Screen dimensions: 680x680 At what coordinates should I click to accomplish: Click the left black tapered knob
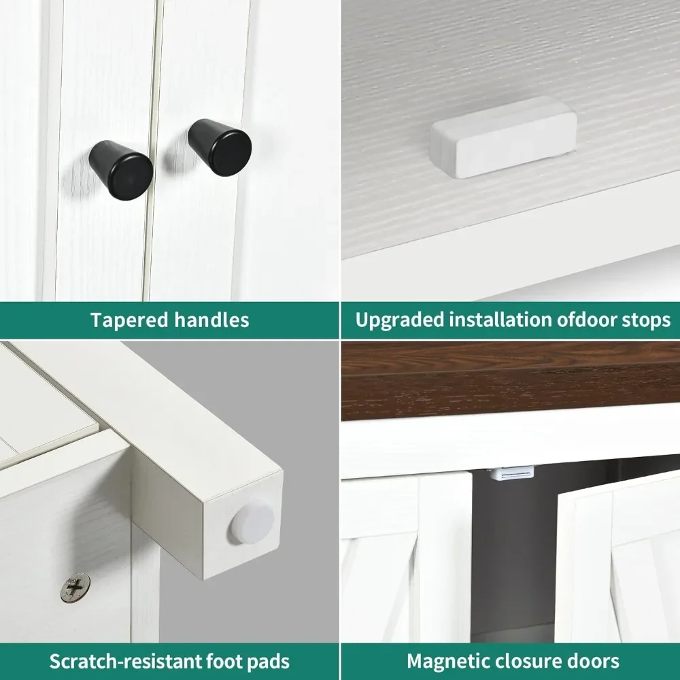pyautogui.click(x=121, y=169)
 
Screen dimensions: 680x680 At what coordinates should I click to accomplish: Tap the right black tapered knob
pyautogui.click(x=220, y=147)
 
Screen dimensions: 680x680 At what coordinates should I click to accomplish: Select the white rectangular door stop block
pyautogui.click(x=503, y=137)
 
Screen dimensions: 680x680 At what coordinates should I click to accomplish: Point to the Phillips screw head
pyautogui.click(x=76, y=588)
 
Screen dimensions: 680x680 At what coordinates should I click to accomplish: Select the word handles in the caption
pyautogui.click(x=211, y=320)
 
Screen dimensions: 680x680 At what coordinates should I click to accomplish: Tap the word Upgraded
pyautogui.click(x=400, y=320)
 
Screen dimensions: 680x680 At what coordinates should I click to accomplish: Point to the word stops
pyautogui.click(x=647, y=321)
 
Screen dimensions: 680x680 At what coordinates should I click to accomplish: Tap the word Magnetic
pyautogui.click(x=448, y=662)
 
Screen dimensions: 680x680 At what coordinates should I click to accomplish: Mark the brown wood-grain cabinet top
pyautogui.click(x=510, y=381)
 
